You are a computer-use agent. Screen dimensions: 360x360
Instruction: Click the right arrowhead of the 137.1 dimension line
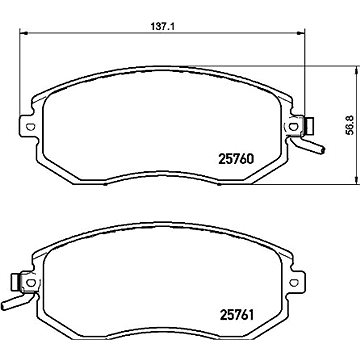(305, 35)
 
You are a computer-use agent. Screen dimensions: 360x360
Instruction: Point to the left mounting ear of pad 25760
(30, 128)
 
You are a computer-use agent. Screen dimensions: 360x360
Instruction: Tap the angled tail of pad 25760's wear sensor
(315, 151)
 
